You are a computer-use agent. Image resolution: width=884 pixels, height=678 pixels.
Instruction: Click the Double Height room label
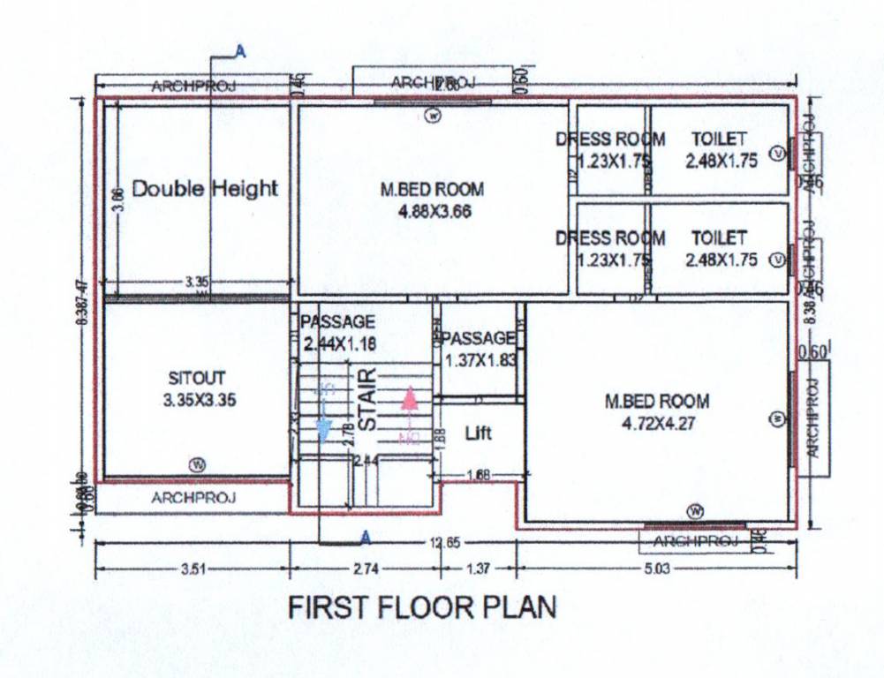pyautogui.click(x=204, y=188)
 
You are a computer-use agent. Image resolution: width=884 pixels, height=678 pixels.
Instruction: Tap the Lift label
pyautogui.click(x=478, y=433)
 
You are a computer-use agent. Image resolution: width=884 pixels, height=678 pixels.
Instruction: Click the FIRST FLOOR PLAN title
pyautogui.click(x=423, y=608)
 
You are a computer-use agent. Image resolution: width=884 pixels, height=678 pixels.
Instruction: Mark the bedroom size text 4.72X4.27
pyautogui.click(x=656, y=423)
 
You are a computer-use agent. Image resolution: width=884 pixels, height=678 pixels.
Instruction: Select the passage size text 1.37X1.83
pyautogui.click(x=480, y=360)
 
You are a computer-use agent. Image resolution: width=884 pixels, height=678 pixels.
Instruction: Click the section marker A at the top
pyautogui.click(x=240, y=52)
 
